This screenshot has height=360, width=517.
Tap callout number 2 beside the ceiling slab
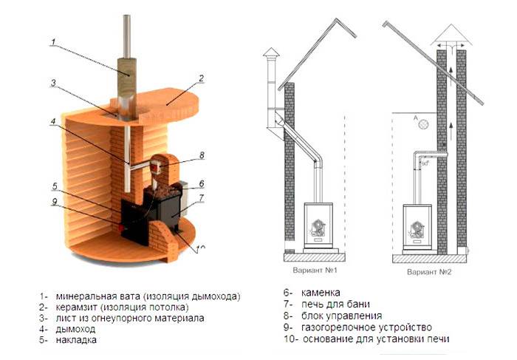pos(200,78)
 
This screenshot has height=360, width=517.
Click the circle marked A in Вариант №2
pos(424,126)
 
